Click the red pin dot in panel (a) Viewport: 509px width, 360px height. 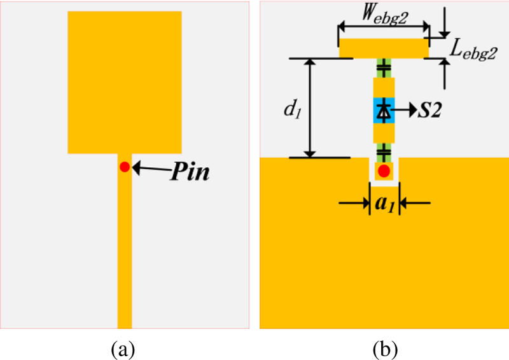tap(125, 167)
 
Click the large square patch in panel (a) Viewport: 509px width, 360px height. tap(125, 83)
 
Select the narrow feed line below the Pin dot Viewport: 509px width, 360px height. tap(125, 254)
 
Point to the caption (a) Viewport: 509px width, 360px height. tap(122, 349)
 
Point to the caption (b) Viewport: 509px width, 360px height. tap(385, 349)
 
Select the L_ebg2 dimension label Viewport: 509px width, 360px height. tap(470, 53)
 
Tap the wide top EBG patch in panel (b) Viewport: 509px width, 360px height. tap(384, 48)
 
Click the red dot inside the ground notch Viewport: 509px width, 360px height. tap(384, 170)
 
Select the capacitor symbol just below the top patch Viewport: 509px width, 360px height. tap(384, 67)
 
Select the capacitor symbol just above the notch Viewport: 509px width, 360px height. tap(384, 151)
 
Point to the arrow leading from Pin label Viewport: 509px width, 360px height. tap(150, 168)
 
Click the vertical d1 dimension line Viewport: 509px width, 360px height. tap(310, 108)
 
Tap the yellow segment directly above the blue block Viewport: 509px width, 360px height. tap(384, 87)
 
